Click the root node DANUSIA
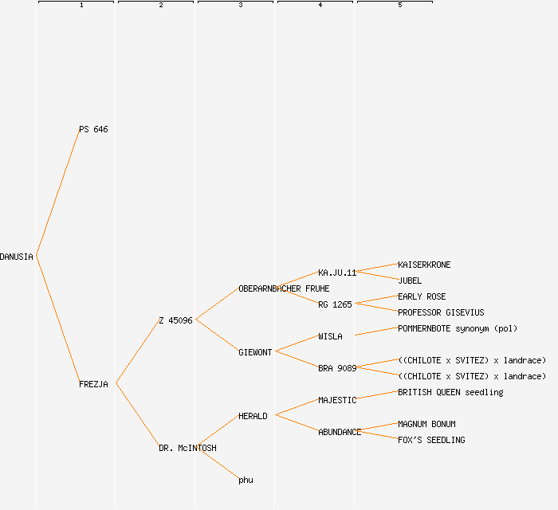click(x=17, y=257)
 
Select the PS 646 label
click(x=93, y=129)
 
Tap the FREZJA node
click(x=93, y=384)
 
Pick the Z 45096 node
click(x=175, y=320)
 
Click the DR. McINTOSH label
click(x=187, y=448)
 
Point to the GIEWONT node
click(x=255, y=352)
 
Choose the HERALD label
click(x=253, y=416)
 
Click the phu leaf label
click(x=246, y=480)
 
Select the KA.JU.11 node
click(x=337, y=273)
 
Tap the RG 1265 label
click(x=335, y=304)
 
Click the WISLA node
click(x=330, y=336)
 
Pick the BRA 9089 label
click(x=337, y=368)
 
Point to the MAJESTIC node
click(x=337, y=400)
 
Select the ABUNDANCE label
click(x=340, y=432)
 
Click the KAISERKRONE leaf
click(x=424, y=265)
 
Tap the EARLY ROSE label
click(x=422, y=296)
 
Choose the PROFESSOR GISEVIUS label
click(x=441, y=312)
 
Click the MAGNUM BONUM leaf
click(x=426, y=424)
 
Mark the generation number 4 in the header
click(x=320, y=6)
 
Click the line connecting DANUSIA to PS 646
click(x=57, y=193)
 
